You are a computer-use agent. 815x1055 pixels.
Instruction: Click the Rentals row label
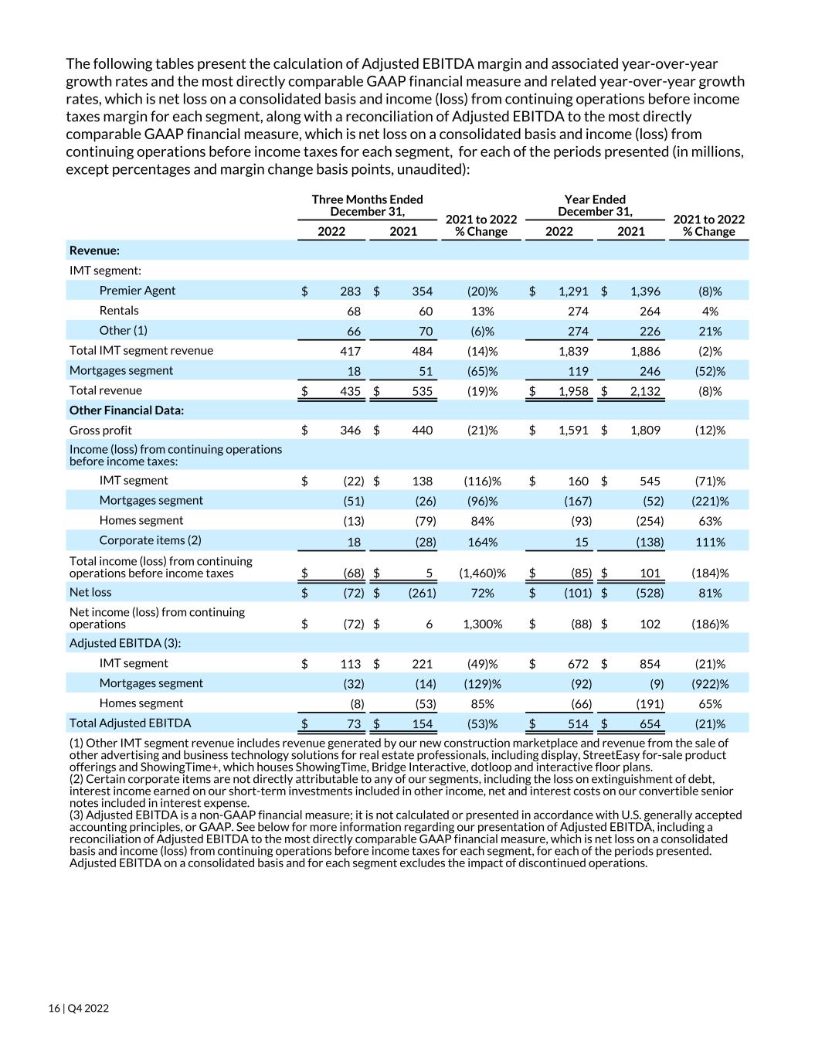click(x=119, y=311)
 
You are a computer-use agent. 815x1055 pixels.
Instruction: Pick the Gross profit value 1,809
click(x=644, y=431)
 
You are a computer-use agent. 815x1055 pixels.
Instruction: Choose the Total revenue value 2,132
click(x=644, y=391)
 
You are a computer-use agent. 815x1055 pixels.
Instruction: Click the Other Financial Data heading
click(x=127, y=410)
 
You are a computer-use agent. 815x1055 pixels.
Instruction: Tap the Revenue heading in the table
click(x=94, y=250)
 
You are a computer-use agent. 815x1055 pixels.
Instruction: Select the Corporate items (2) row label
click(x=150, y=540)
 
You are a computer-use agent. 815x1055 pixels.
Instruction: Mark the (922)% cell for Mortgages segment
click(x=709, y=684)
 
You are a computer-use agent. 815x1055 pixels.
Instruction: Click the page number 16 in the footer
click(x=53, y=1009)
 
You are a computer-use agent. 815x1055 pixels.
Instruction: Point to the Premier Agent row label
click(x=138, y=291)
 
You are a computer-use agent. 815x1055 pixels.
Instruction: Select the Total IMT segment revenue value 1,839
click(x=572, y=351)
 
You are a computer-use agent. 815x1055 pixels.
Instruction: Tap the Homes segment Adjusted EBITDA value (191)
click(x=649, y=704)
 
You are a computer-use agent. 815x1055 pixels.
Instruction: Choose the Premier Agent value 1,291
click(x=572, y=291)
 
